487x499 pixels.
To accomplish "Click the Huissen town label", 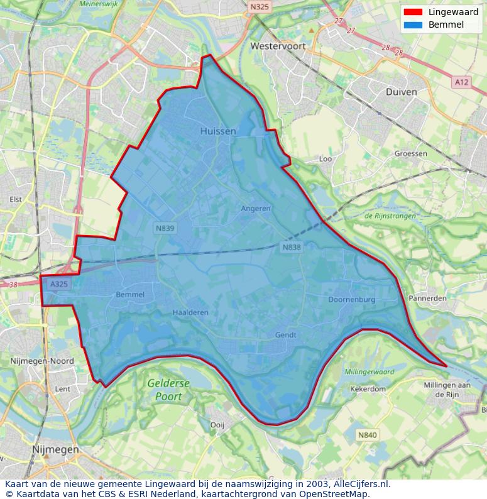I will pos(218,131).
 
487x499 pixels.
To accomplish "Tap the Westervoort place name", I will pos(277,46).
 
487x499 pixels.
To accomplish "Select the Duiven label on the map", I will pos(401,91).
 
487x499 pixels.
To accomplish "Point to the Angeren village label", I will pos(256,209).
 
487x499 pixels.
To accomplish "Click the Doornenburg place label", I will pos(351,300).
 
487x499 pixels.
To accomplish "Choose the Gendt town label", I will pos(285,335).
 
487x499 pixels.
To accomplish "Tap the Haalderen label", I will pos(190,312).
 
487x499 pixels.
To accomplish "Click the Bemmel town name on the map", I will pos(130,295).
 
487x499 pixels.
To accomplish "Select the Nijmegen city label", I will pos(55,450).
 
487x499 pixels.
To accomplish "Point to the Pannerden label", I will pos(427,298).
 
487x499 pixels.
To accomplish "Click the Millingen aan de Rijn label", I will pos(447,390).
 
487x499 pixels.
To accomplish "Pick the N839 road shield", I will pos(165,229).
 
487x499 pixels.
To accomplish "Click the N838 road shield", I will pos(292,248).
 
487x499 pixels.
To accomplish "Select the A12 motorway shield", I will pos(462,82).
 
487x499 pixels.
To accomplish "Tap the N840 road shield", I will pos(367,435).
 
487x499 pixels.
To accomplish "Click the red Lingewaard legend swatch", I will pos(413,13).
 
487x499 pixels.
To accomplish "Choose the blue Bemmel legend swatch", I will pos(413,25).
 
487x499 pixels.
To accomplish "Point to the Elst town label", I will pos(15,199).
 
